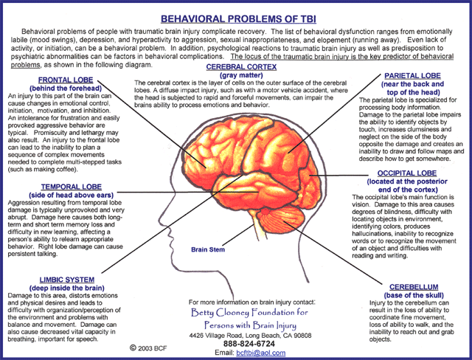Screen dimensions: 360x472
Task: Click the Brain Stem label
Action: click(207, 249)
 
